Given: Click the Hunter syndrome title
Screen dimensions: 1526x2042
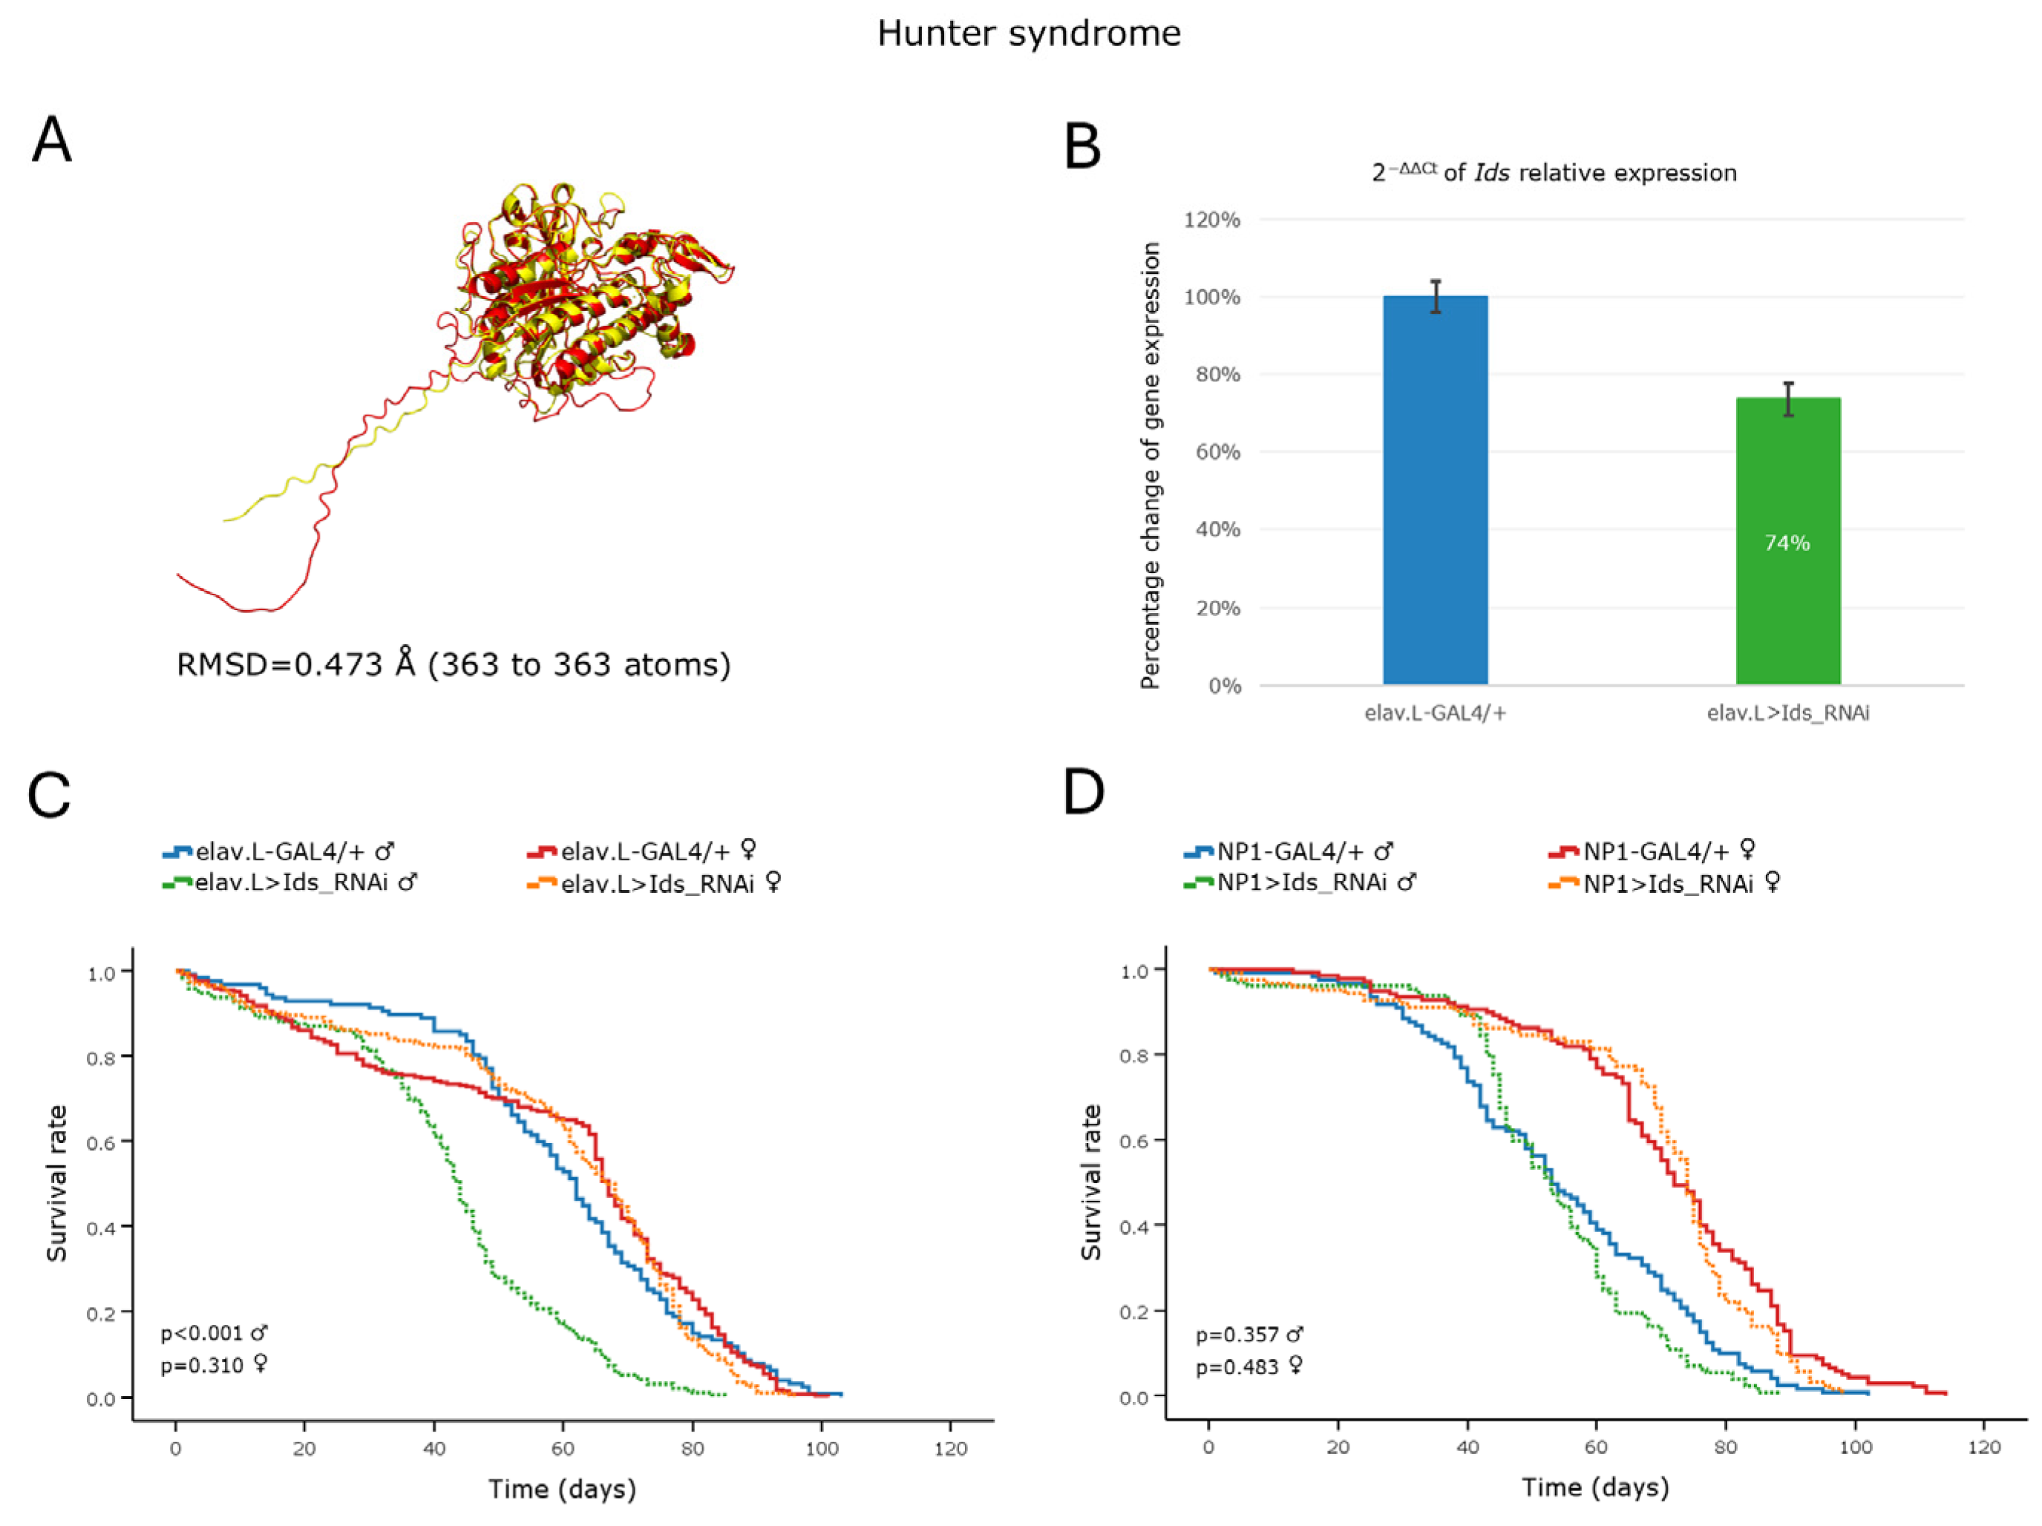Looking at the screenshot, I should click(1028, 34).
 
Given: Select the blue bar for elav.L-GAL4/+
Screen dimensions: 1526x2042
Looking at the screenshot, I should click(1435, 489).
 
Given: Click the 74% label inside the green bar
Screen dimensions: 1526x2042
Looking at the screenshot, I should click(1787, 543).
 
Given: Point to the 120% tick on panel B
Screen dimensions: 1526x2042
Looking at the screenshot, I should click(1211, 220).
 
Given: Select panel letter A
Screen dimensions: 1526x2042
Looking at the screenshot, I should click(52, 140).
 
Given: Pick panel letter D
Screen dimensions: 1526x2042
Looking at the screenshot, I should click(1084, 792).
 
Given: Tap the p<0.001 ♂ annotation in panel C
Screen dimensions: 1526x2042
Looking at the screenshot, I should click(215, 1333).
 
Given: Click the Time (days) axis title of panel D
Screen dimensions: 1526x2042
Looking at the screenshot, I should click(1595, 1487).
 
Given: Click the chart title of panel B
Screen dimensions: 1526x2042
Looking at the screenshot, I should click(1554, 173).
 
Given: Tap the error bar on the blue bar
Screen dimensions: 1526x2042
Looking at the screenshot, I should click(1436, 295).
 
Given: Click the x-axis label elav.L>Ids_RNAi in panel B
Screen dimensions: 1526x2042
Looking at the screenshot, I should click(1787, 713).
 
